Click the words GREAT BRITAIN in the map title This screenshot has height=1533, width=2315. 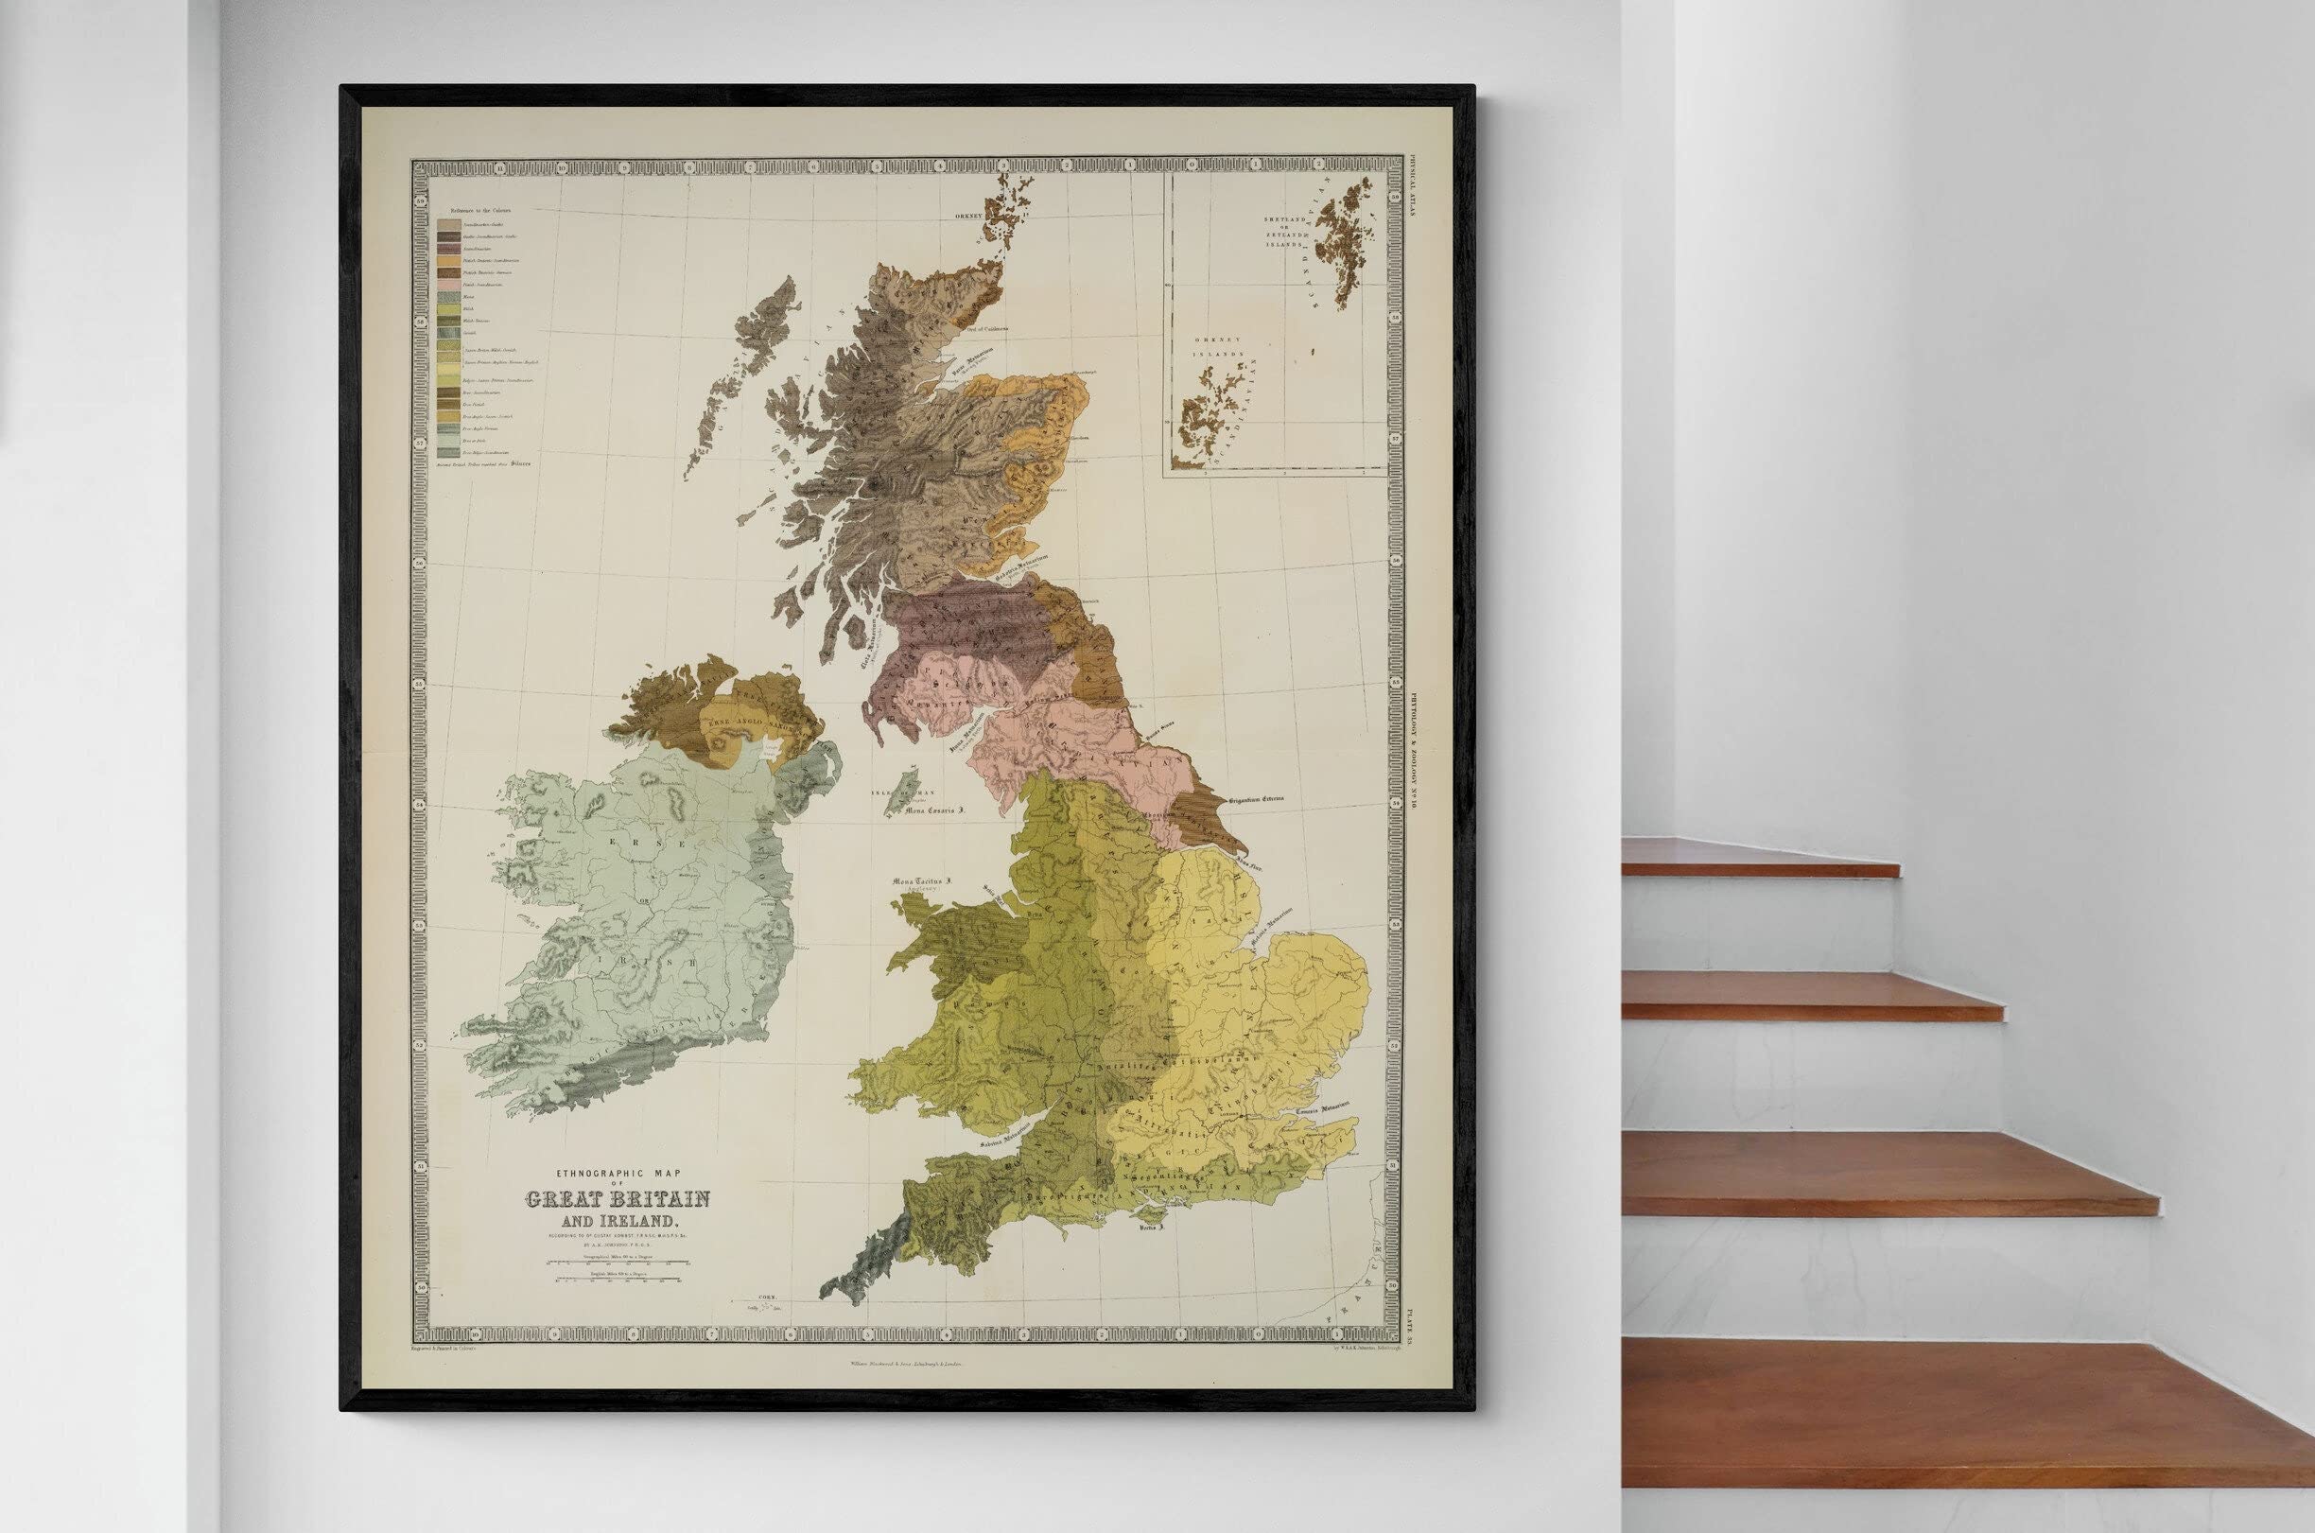click(618, 1199)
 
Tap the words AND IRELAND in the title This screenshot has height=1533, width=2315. click(618, 1222)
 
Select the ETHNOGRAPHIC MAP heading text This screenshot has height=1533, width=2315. click(618, 1174)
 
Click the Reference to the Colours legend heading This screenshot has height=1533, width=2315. click(480, 209)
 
